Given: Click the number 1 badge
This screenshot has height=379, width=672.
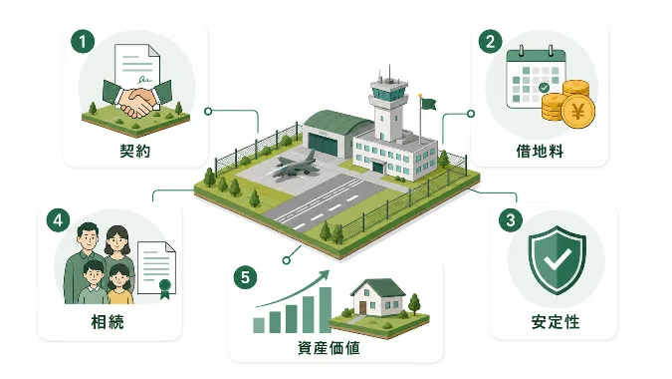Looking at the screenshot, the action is pos(83,42).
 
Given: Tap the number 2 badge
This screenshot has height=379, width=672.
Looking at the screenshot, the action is pos(490,42).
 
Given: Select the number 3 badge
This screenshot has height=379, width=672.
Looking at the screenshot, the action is pos(511,219).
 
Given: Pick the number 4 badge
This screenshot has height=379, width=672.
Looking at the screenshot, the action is pos(59,220).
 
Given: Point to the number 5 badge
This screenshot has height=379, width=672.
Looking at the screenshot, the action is pos(245,277).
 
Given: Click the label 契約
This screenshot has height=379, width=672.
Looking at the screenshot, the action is pos(135,151).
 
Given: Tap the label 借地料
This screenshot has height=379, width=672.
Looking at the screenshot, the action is pos(540,151).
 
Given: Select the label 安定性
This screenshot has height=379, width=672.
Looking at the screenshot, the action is pos(556,321).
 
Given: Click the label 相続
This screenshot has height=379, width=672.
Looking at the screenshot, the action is pos(108,321).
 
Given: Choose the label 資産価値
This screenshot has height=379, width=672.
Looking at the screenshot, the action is pos(330,348).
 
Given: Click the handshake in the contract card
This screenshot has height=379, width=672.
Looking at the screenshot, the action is pos(137,101).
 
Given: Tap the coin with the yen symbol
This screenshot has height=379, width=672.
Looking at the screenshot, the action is pos(578,112).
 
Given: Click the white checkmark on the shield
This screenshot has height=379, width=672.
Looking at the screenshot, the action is pos(557,259).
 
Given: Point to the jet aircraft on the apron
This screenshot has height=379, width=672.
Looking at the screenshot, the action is pos(294,167).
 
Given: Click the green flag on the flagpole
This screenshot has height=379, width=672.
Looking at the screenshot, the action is pos(428,104).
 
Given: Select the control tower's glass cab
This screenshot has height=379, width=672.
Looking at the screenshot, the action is pos(389,91).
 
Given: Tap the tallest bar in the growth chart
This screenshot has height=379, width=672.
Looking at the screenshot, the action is pos(326,310).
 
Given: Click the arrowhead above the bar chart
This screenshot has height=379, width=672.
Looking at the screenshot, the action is pos(325,274).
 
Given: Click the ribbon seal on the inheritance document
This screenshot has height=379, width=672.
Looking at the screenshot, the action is pos(165,288).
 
